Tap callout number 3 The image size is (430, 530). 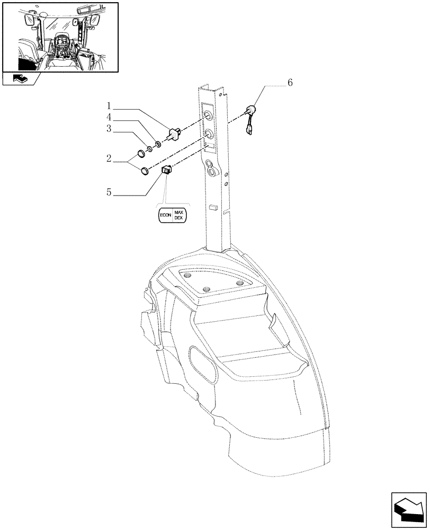(x=108, y=128)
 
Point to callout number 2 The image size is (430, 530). (x=108, y=158)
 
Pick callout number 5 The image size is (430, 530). (x=108, y=193)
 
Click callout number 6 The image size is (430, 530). (x=290, y=83)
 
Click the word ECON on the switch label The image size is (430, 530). (x=166, y=216)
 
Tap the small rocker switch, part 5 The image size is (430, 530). (x=166, y=170)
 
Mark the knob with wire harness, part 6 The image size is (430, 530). (x=249, y=112)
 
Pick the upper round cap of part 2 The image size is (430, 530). (x=141, y=154)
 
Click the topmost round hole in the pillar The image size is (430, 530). (x=209, y=116)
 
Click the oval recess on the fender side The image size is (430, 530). (x=203, y=365)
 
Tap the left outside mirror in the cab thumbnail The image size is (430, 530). (x=29, y=21)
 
